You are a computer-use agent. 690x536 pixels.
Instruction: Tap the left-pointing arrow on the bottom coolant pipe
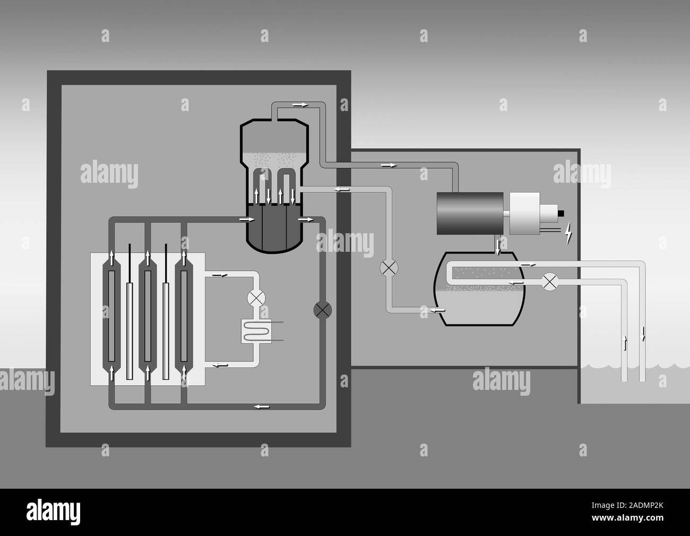click(261, 406)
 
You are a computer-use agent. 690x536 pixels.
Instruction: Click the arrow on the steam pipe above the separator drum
click(300, 104)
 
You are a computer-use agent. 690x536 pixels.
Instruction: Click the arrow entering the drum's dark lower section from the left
click(244, 219)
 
